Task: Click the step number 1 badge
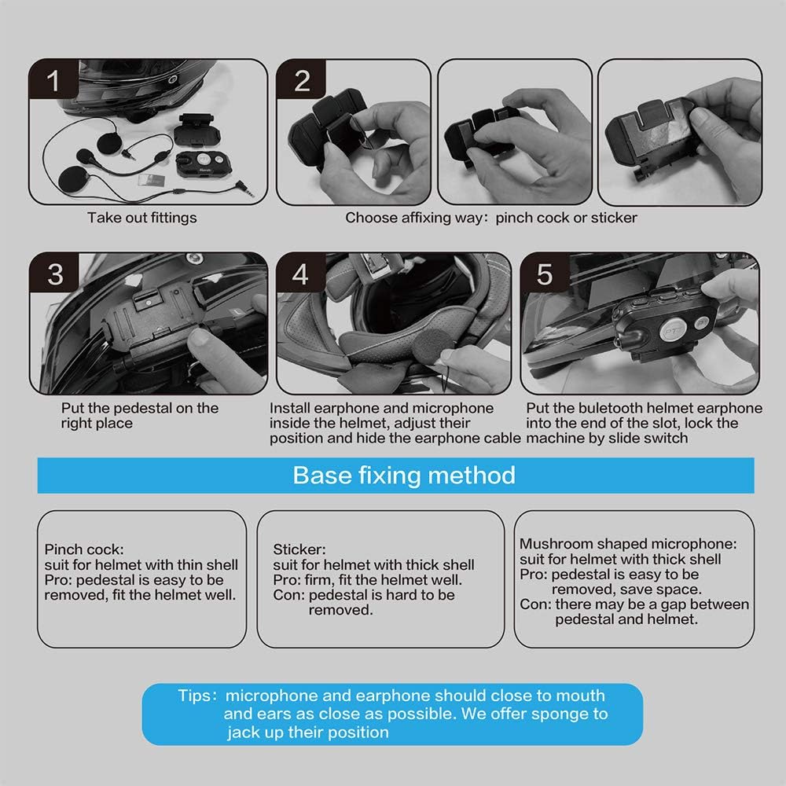(53, 81)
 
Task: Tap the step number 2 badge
(302, 81)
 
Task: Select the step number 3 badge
(55, 274)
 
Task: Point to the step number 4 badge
(300, 274)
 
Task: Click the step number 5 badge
(545, 274)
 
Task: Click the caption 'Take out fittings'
(141, 218)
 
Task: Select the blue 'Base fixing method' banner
(395, 476)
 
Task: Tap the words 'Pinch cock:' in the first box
(84, 549)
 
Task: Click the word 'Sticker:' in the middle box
(299, 549)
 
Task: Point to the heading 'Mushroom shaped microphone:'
(628, 544)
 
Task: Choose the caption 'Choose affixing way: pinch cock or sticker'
(490, 218)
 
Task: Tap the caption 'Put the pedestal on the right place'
(140, 415)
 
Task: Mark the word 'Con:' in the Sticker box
(288, 595)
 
